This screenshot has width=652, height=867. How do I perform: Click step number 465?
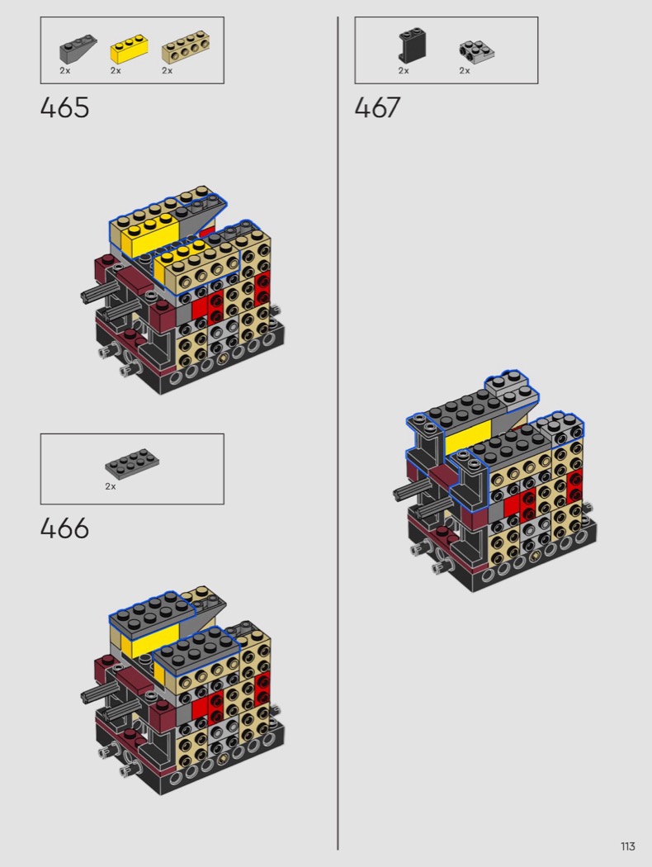click(64, 107)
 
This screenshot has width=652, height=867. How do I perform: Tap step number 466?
click(64, 528)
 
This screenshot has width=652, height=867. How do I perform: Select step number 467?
click(377, 107)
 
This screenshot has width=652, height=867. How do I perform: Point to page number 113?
click(628, 846)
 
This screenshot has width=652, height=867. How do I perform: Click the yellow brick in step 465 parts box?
click(130, 49)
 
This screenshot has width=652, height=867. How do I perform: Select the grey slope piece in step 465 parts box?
click(78, 49)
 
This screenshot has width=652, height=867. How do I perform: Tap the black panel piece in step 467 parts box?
click(412, 45)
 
